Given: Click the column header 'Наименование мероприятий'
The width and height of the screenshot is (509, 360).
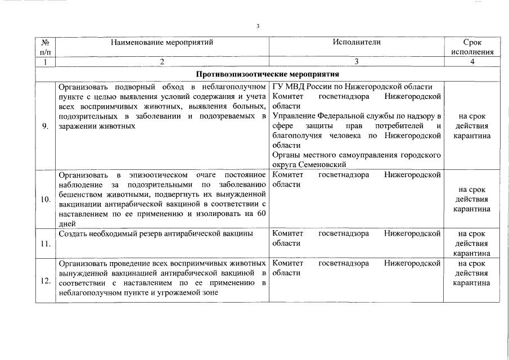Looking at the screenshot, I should pyautogui.click(x=162, y=42).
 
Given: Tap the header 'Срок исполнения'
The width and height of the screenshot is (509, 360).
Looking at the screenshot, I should pyautogui.click(x=472, y=47).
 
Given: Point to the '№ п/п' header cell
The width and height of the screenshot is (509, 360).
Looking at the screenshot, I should pyautogui.click(x=46, y=47).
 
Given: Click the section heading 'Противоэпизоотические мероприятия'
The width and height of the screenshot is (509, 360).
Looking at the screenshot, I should pyautogui.click(x=267, y=74).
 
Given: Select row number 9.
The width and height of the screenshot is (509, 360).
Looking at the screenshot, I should pyautogui.click(x=45, y=125).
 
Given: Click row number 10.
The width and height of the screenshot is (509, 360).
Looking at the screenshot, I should pyautogui.click(x=45, y=199).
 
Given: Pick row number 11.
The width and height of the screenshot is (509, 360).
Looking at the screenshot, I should pyautogui.click(x=45, y=244).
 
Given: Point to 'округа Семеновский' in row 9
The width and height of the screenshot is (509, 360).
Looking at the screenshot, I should pyautogui.click(x=309, y=164).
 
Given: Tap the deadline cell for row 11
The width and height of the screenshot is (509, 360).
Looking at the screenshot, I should pyautogui.click(x=472, y=243).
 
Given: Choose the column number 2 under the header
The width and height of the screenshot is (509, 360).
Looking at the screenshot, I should pyautogui.click(x=162, y=62).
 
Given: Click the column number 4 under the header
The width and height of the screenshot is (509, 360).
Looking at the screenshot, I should pyautogui.click(x=472, y=62).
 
